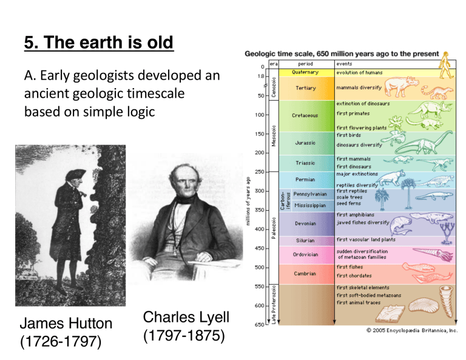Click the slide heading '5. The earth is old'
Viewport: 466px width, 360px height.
coord(99,43)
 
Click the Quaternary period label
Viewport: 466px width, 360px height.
coord(305,72)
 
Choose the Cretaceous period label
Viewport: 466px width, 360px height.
coord(305,115)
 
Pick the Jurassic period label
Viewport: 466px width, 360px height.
coord(305,143)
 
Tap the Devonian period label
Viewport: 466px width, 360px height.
coord(305,223)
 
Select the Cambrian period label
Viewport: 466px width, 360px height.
coord(305,273)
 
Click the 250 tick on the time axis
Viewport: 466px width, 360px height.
coord(258,171)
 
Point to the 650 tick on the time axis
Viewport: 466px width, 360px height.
coord(258,325)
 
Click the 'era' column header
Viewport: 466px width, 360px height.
coord(274,63)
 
